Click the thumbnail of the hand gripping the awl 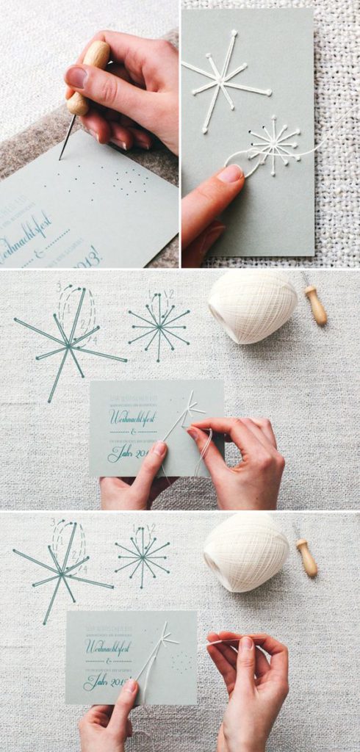pos(76,76)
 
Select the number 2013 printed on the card pos(88,256)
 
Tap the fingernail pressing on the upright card pos(230,173)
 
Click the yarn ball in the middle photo pos(252,305)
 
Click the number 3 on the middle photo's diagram pos(59,286)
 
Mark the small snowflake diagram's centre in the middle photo pos(159,327)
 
